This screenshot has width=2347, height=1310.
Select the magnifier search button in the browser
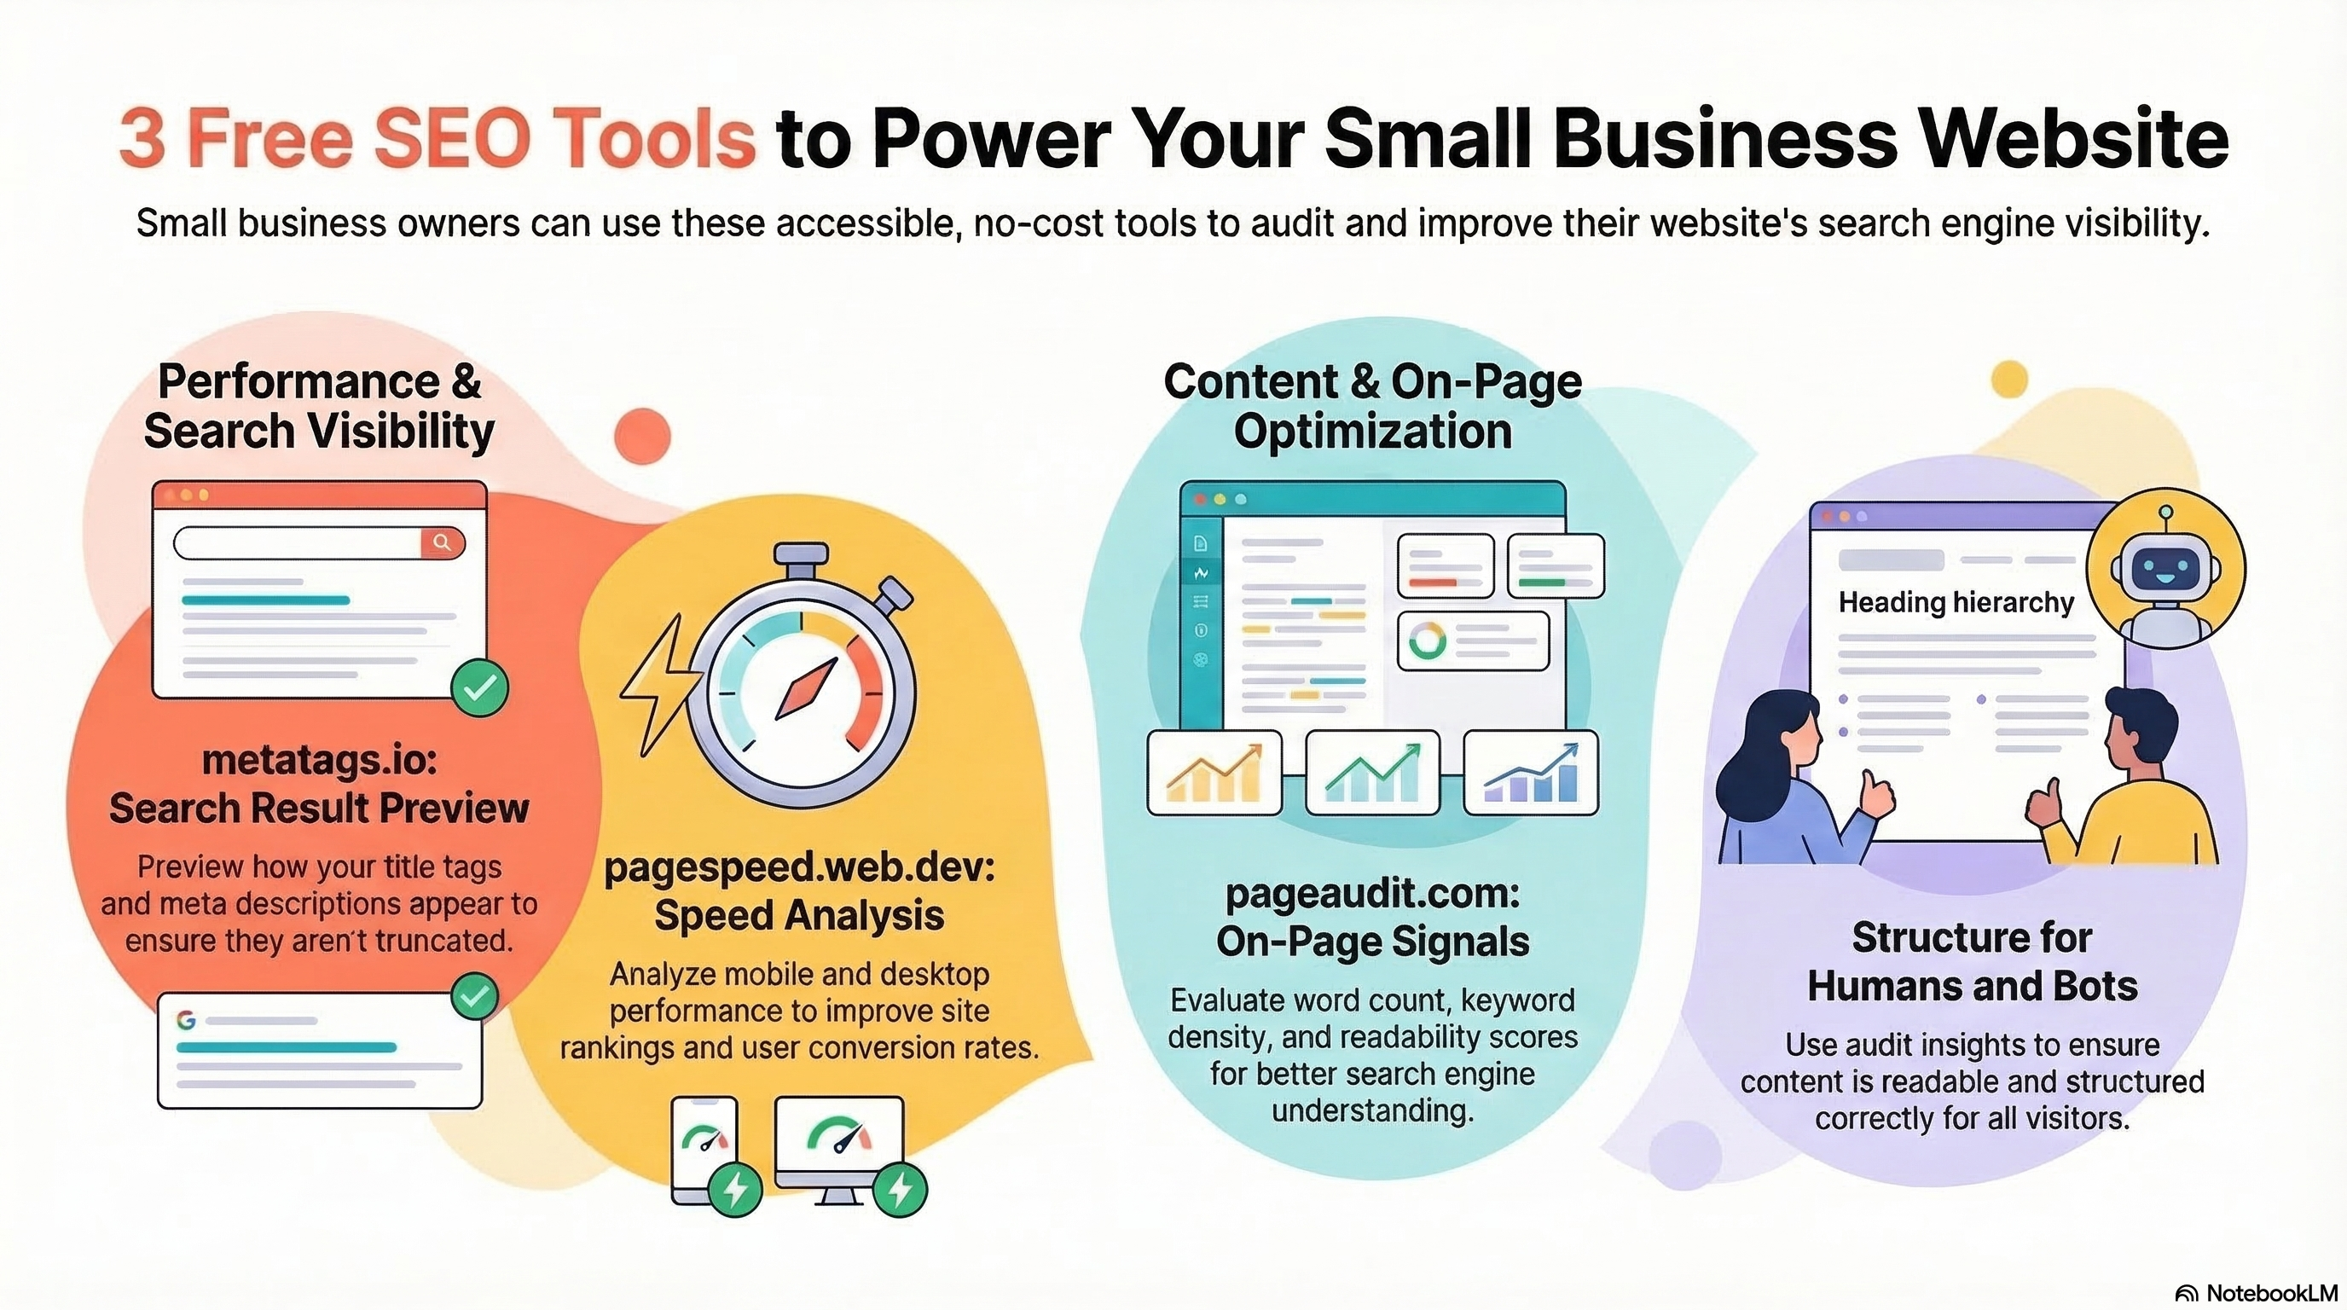pyautogui.click(x=442, y=543)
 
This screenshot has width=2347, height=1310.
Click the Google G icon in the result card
pyautogui.click(x=187, y=1019)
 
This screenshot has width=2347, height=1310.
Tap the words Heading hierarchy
pyautogui.click(x=1956, y=602)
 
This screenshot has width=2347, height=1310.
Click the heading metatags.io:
pyautogui.click(x=319, y=760)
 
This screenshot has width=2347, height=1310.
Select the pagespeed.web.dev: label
pyautogui.click(x=799, y=867)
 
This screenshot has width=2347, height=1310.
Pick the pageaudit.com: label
pyautogui.click(x=1372, y=894)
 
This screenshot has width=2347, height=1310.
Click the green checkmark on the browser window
pyautogui.click(x=480, y=687)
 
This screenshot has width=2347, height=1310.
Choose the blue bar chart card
pyautogui.click(x=1531, y=773)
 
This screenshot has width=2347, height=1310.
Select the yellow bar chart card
pyautogui.click(x=1214, y=773)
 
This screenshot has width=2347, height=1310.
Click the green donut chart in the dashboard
pyautogui.click(x=1427, y=641)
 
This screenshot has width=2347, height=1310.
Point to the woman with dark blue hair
pyautogui.click(x=1776, y=784)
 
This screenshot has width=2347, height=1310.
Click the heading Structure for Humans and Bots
pyautogui.click(x=1972, y=961)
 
